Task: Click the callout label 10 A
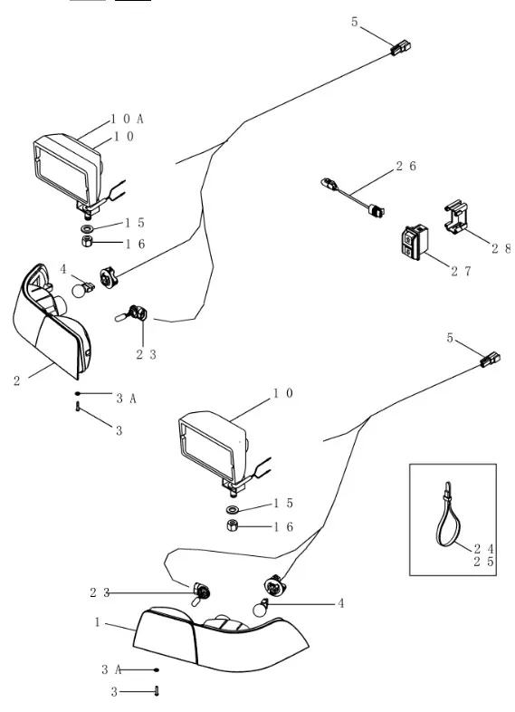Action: (x=127, y=119)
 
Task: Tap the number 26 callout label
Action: (x=406, y=166)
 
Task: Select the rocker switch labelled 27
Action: (x=415, y=243)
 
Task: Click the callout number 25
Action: (x=483, y=562)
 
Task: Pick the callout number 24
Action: (x=483, y=549)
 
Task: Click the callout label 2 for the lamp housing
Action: (x=17, y=380)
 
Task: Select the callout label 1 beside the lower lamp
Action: (x=97, y=621)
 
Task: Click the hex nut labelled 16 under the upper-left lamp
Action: (x=88, y=241)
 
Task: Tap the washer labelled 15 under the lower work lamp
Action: (x=233, y=509)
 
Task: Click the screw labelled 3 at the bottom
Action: (x=157, y=691)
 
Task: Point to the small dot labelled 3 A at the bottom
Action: (x=157, y=669)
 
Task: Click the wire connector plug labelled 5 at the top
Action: (x=401, y=48)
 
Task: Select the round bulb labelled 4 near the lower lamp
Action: (x=261, y=608)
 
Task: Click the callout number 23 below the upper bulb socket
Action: (x=146, y=354)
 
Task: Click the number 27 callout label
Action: (x=461, y=271)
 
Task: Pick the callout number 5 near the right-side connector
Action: (x=450, y=338)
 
